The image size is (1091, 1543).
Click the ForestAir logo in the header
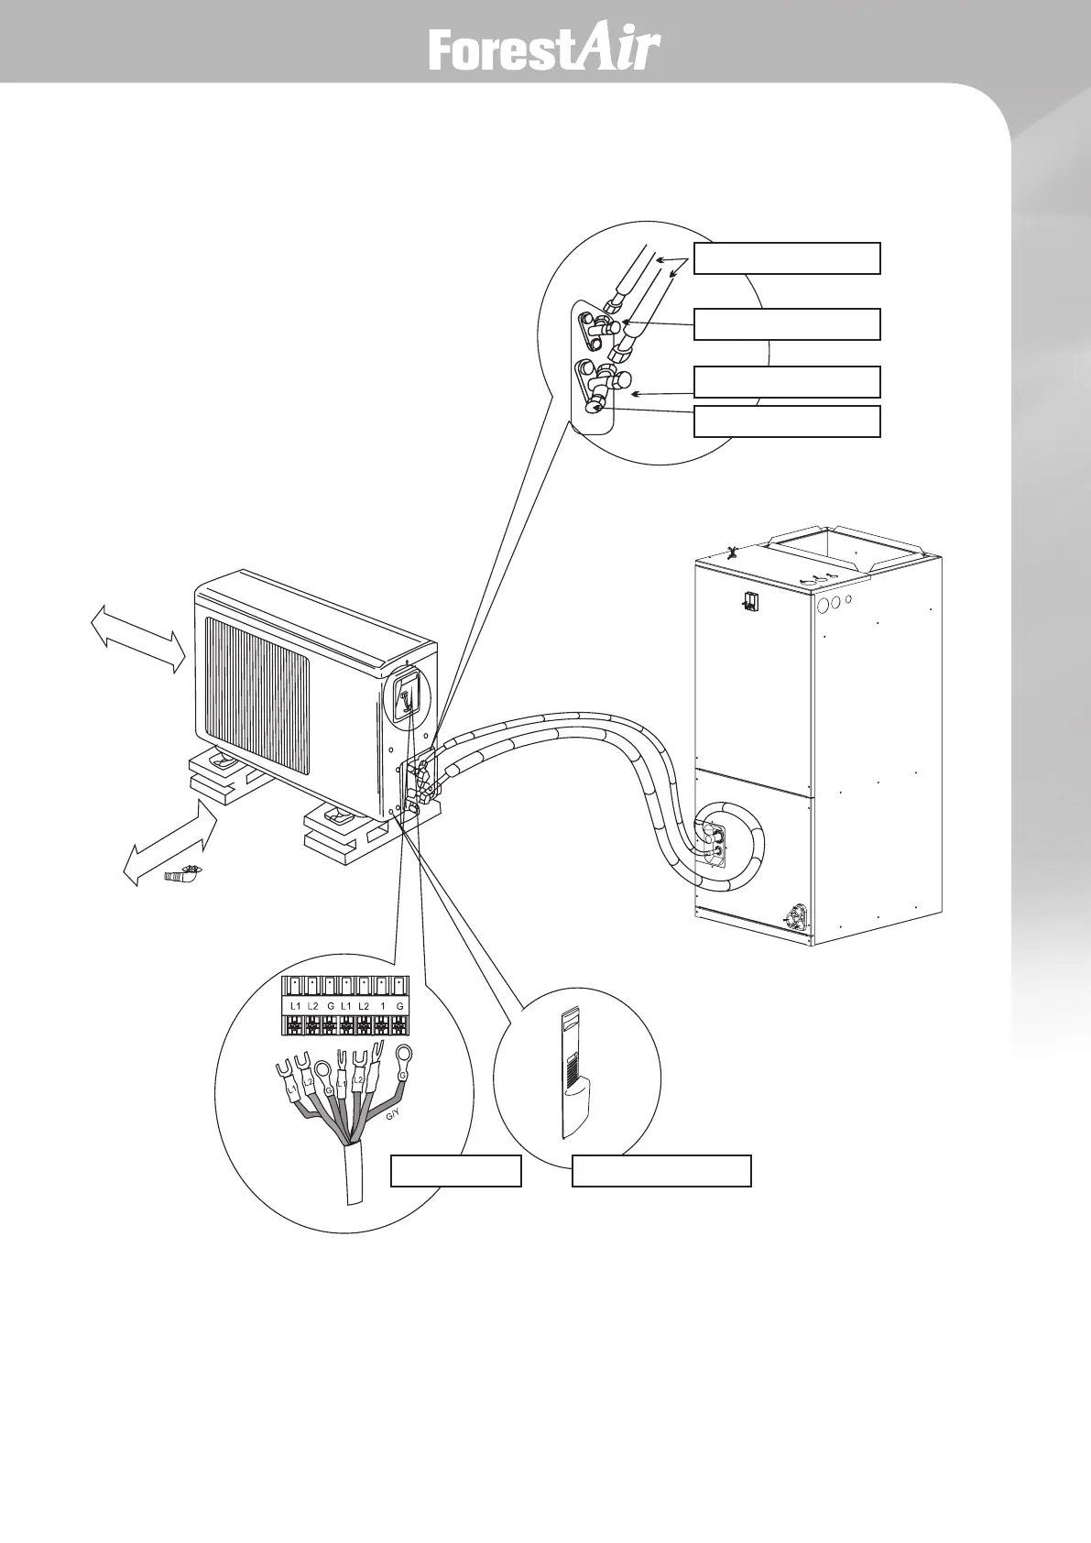(x=544, y=51)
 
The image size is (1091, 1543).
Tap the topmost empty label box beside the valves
(x=787, y=258)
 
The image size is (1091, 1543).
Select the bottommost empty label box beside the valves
(x=787, y=421)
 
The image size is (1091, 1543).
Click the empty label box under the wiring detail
(x=455, y=1171)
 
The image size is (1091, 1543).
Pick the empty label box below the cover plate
(x=661, y=1171)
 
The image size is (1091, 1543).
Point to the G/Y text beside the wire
(x=392, y=1115)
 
